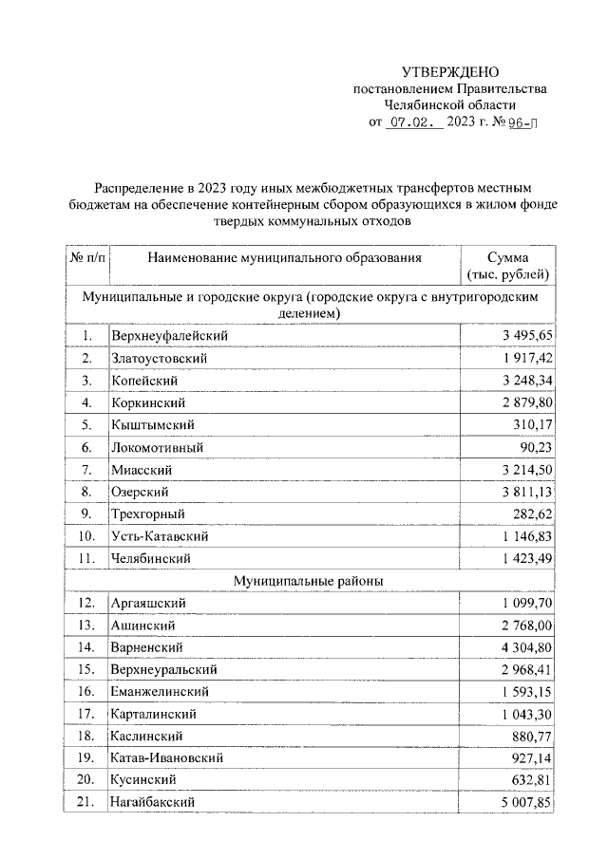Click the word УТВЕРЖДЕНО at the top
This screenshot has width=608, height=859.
click(449, 72)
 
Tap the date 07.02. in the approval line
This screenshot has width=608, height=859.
click(414, 122)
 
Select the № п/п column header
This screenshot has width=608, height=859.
click(87, 257)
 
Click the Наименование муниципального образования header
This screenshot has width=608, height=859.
click(284, 257)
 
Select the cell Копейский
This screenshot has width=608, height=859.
click(144, 381)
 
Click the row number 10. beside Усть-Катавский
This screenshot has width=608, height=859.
click(86, 536)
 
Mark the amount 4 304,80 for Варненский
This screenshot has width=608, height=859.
click(520, 647)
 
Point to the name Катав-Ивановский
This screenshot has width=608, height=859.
click(166, 758)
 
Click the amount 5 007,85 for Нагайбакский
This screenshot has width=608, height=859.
click(520, 803)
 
